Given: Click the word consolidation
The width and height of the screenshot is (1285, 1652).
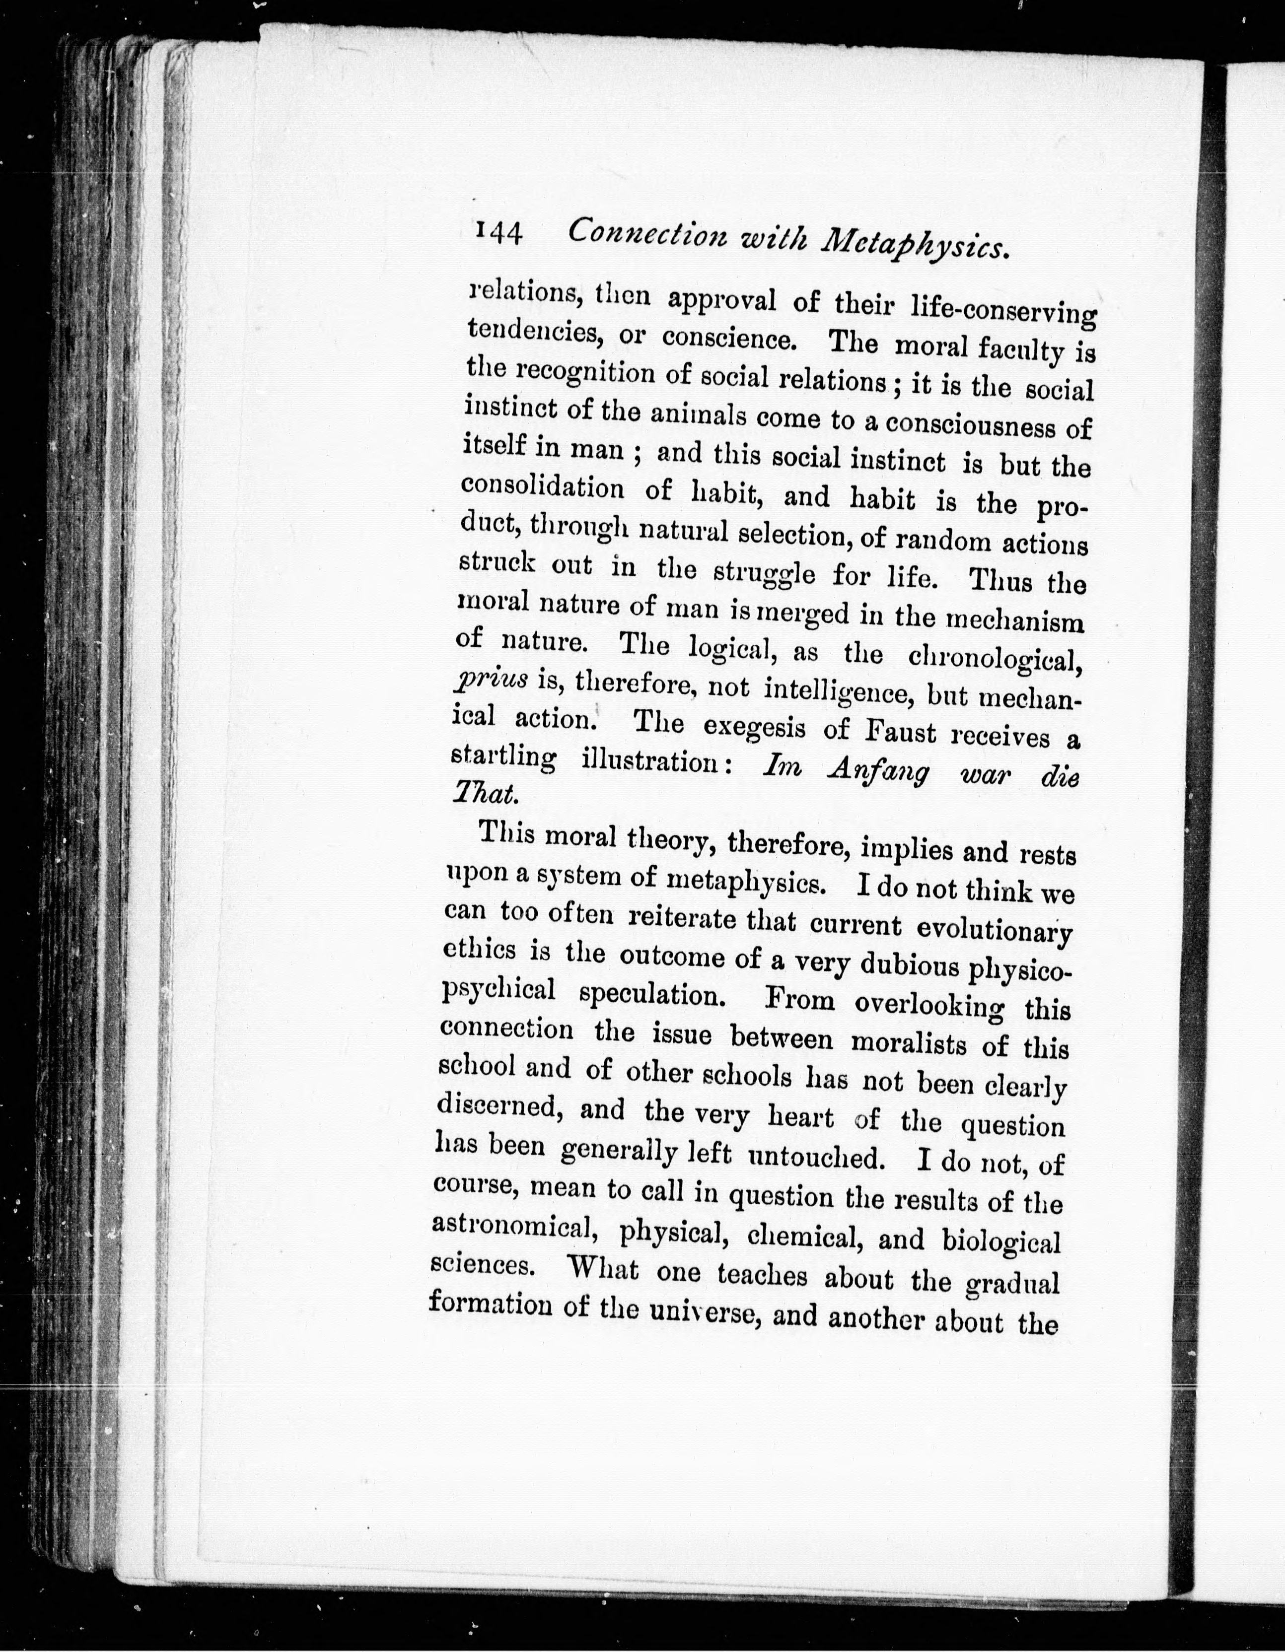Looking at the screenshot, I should [543, 488].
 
